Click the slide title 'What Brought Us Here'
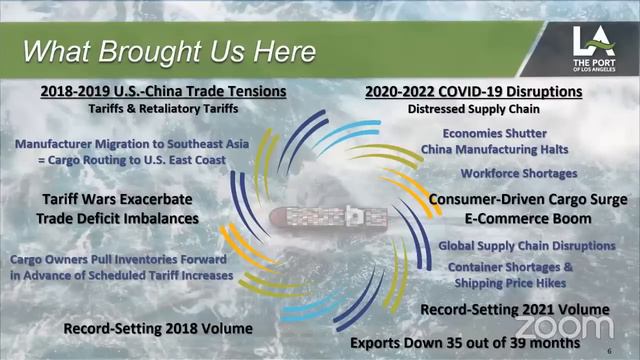(170, 50)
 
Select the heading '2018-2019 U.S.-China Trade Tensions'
(164, 92)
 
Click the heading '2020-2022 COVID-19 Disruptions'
(474, 92)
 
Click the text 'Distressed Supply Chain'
(474, 109)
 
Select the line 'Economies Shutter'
(505, 132)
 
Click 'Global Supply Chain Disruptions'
(526, 246)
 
